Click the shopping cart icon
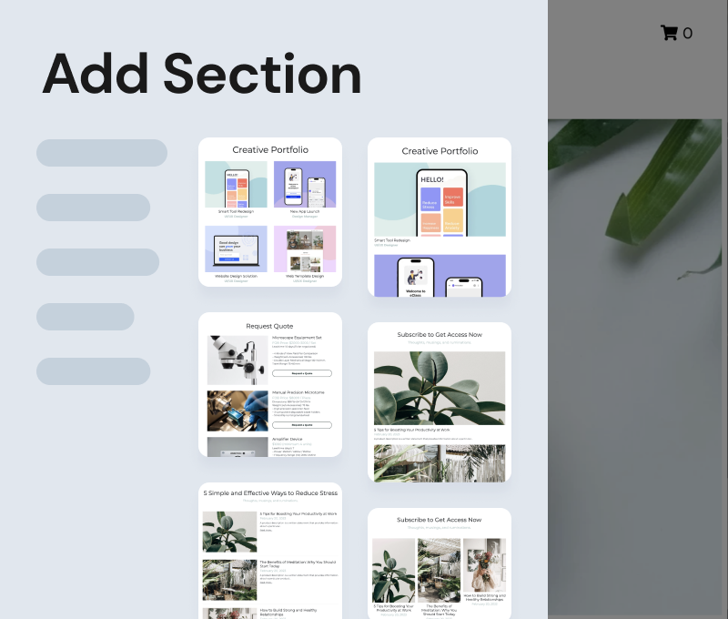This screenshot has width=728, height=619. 669,33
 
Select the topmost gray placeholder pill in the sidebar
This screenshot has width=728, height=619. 102,153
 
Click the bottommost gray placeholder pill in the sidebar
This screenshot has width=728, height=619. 93,371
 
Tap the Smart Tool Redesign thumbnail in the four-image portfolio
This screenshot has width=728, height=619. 236,185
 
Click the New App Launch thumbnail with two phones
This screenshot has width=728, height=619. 305,185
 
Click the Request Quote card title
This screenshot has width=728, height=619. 270,325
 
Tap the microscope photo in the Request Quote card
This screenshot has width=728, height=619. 237,360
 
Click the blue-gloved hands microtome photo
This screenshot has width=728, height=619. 237,411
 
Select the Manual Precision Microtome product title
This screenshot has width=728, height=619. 298,392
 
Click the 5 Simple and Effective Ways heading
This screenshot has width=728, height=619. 270,492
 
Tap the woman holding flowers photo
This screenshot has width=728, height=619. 484,565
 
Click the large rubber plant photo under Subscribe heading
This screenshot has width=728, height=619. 440,388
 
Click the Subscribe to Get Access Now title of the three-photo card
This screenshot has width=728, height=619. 440,520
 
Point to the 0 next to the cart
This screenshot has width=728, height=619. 688,34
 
